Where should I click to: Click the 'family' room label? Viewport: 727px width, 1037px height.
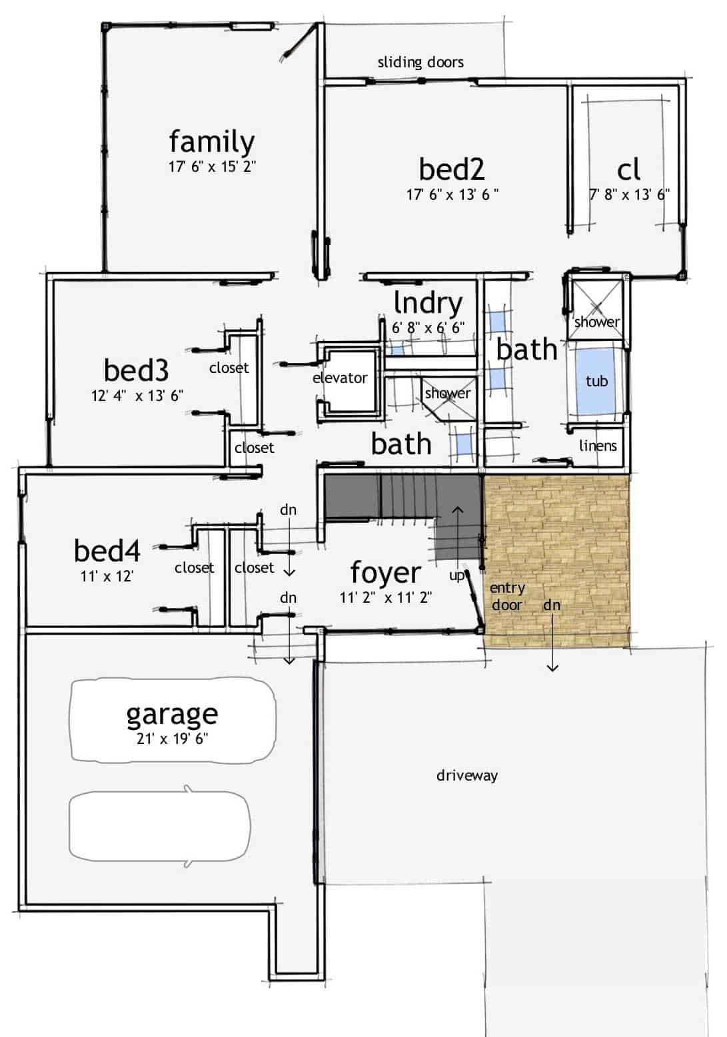[x=211, y=142]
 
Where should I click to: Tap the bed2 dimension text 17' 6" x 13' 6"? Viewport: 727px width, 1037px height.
[x=452, y=194]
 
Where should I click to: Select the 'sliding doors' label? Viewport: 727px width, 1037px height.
[x=420, y=63]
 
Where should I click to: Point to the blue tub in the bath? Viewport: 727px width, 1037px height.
[x=596, y=381]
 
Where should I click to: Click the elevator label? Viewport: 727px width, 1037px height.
[x=340, y=378]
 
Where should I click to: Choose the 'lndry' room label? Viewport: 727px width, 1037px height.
[x=428, y=303]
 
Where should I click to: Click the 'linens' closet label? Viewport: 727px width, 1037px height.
[x=598, y=446]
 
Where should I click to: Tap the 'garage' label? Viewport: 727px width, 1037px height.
[x=172, y=714]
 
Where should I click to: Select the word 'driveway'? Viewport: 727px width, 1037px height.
[x=467, y=775]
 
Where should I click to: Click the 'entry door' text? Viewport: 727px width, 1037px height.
[x=507, y=596]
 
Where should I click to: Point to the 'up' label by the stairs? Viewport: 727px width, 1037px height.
[x=456, y=575]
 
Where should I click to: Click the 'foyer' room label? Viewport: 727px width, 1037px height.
[x=385, y=573]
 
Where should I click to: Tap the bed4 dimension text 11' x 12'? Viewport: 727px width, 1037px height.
[x=107, y=576]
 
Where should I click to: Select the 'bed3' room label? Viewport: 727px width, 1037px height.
[x=136, y=370]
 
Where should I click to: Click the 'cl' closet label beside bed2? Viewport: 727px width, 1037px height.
[x=629, y=170]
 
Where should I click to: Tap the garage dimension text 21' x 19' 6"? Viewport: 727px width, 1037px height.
[x=173, y=739]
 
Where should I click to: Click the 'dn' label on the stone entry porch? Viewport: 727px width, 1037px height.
[x=552, y=605]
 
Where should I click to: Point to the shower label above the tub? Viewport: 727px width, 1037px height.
[x=596, y=322]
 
